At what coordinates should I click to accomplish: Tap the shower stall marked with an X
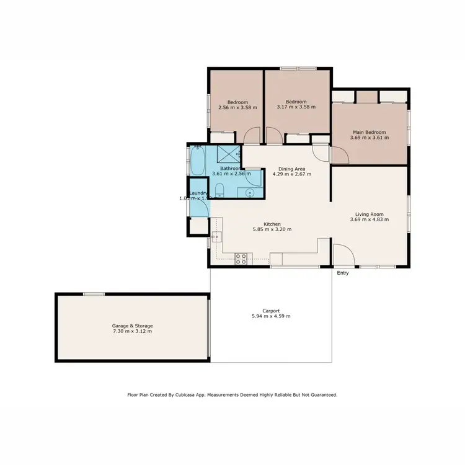tap(229, 153)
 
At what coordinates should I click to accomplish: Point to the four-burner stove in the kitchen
tap(241, 259)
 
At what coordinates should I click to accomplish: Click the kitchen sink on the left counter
tap(216, 236)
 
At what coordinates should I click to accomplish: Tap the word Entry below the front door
tap(342, 273)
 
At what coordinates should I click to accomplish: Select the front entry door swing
tap(343, 254)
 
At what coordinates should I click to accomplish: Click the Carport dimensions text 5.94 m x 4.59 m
tap(267, 316)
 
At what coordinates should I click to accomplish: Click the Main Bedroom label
tap(370, 132)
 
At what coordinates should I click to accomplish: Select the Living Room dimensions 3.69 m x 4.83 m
tap(370, 219)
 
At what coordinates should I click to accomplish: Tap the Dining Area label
tap(291, 169)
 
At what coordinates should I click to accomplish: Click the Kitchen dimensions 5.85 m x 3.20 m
tap(272, 229)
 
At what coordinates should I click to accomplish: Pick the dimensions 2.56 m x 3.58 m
tap(237, 107)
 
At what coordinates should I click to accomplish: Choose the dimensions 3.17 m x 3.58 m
tap(296, 107)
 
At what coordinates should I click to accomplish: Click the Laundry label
tap(198, 193)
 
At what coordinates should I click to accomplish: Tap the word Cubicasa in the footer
tap(192, 394)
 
